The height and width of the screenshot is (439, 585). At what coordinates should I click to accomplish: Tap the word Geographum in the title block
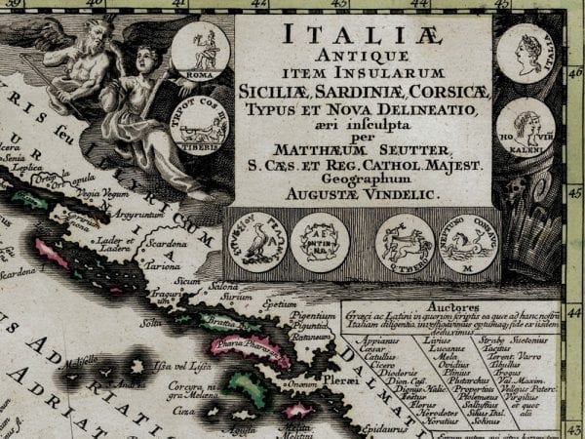coord(364,180)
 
